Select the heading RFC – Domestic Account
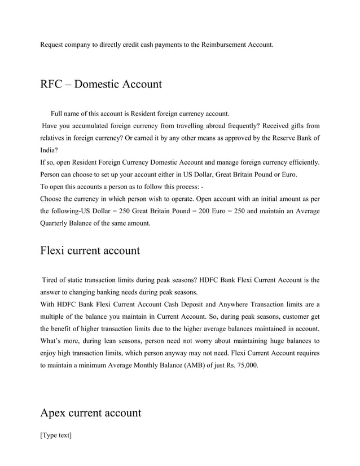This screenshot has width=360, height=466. click(x=101, y=85)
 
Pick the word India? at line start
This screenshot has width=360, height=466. click(x=49, y=150)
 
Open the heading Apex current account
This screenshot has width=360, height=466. click(x=91, y=413)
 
